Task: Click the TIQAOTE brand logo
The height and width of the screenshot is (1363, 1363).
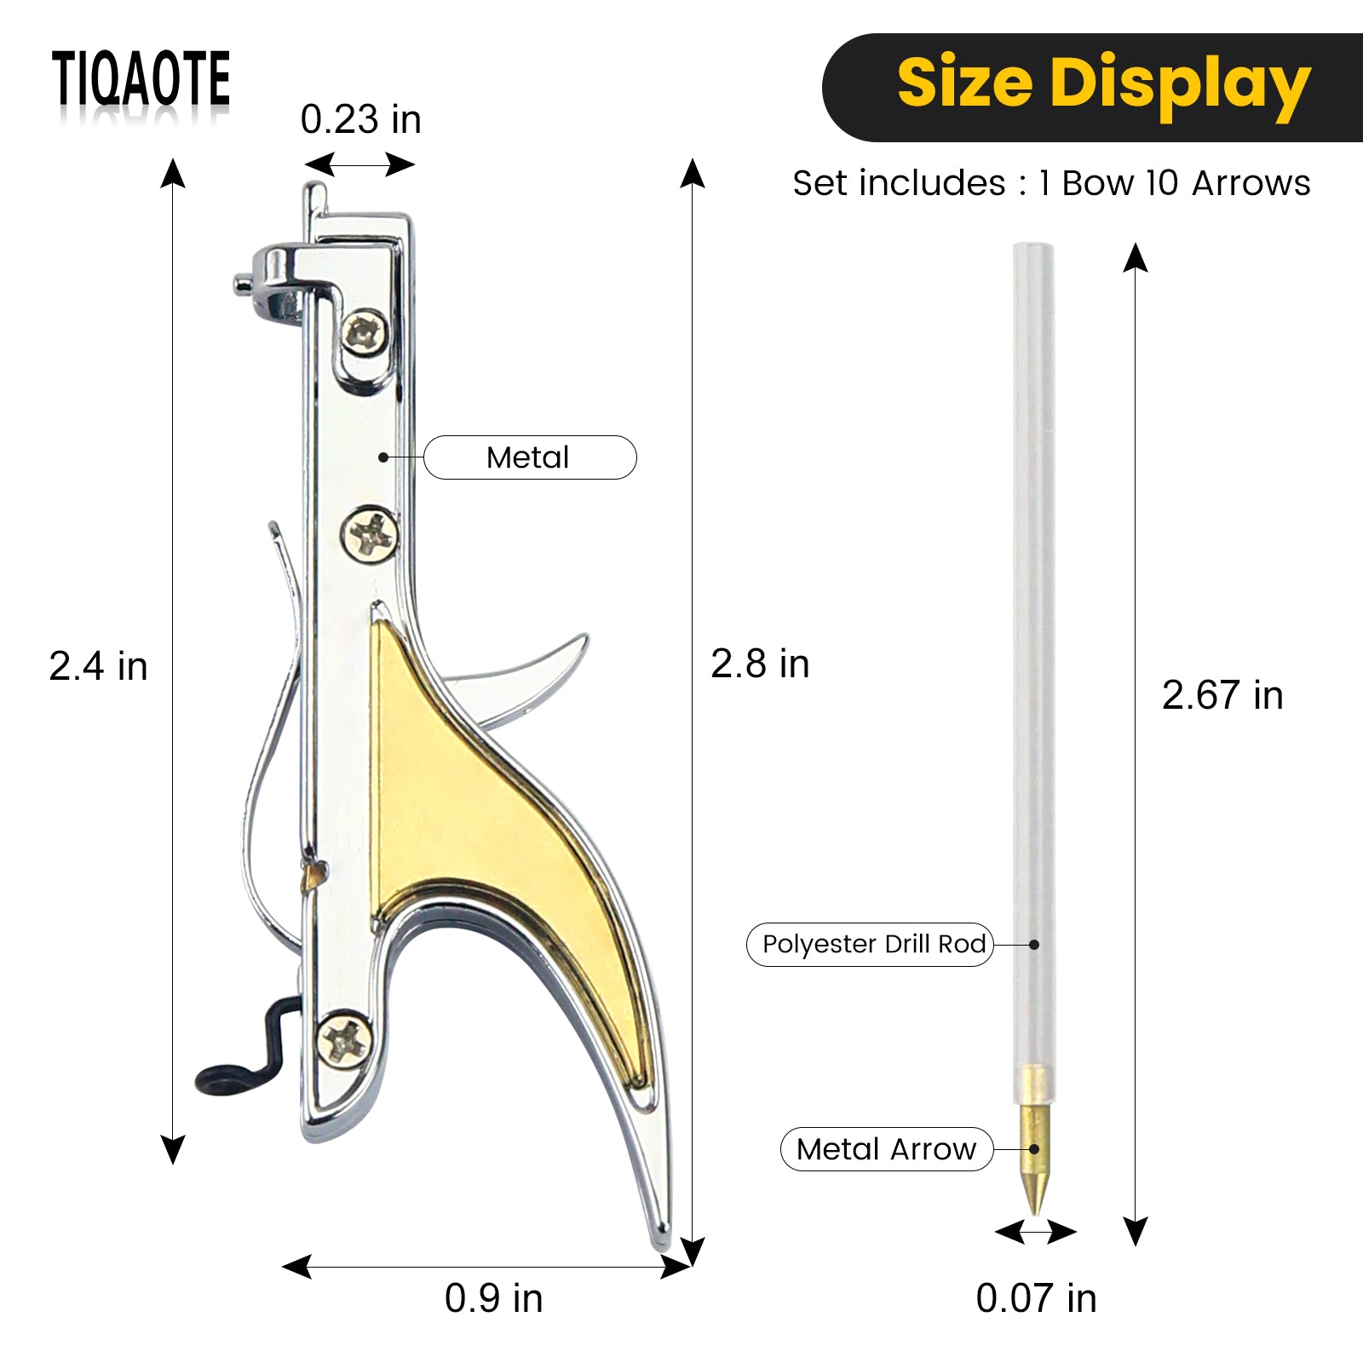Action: point(141,78)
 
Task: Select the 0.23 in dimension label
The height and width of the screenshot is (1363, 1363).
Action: point(360,120)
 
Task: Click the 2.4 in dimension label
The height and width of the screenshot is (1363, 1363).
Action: point(98,666)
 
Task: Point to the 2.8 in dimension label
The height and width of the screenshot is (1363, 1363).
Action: point(760,664)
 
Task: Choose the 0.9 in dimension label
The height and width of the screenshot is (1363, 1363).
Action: point(493,1298)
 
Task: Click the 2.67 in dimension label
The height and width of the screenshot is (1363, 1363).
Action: point(1222,695)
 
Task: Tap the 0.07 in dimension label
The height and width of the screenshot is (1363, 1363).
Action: point(1036,1298)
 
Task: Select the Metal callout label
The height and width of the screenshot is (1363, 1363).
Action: point(529,457)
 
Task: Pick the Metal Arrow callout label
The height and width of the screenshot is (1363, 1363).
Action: point(886,1149)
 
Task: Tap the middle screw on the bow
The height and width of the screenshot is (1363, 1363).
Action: point(370,535)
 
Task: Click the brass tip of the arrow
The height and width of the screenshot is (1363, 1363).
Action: point(1035,1150)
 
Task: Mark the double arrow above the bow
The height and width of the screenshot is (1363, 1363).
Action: point(359,164)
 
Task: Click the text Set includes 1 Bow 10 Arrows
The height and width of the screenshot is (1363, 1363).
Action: point(1051,183)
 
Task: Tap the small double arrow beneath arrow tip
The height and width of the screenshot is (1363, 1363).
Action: point(1036,1232)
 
